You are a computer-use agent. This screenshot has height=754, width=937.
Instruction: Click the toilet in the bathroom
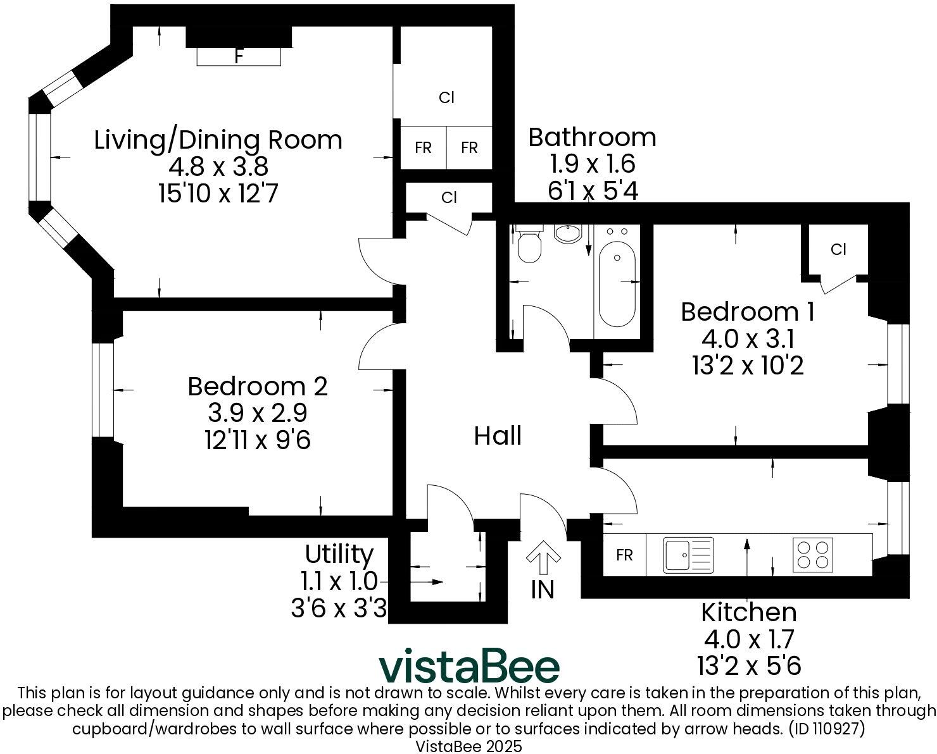click(529, 245)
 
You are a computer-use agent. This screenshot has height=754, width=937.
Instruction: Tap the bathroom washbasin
click(568, 233)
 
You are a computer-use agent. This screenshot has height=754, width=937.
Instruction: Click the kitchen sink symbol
click(688, 555)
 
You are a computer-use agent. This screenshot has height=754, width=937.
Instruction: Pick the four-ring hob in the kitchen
click(814, 555)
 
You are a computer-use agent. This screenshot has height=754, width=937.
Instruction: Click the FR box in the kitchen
click(624, 555)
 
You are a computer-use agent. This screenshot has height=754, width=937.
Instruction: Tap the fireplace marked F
click(239, 56)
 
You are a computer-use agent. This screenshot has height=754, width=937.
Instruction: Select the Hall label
click(498, 436)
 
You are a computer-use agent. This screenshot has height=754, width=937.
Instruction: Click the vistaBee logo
click(469, 667)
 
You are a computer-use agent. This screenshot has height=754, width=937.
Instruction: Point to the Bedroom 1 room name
click(748, 312)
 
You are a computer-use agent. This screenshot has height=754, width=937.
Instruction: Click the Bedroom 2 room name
click(258, 386)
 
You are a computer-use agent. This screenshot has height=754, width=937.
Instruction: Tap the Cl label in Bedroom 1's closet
click(838, 250)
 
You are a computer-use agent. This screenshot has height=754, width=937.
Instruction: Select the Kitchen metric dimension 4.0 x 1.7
click(748, 639)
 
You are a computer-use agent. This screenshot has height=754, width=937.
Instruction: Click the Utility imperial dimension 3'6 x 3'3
click(339, 609)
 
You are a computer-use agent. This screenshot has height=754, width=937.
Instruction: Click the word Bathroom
click(592, 137)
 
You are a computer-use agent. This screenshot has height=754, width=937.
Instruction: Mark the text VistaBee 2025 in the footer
click(468, 746)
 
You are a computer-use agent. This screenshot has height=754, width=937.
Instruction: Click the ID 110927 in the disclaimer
click(826, 728)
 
